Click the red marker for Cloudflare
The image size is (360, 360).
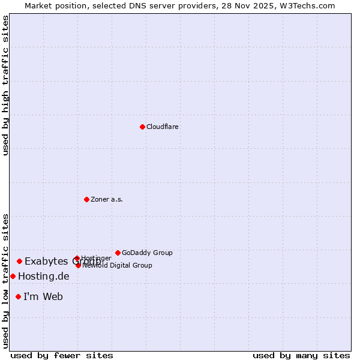click(142, 127)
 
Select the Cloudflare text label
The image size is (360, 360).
click(163, 127)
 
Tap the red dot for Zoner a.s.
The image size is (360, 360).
click(86, 199)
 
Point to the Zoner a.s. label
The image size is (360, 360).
click(107, 199)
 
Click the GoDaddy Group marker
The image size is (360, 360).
click(118, 253)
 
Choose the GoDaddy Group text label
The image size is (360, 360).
click(147, 253)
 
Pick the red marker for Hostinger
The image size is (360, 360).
click(77, 259)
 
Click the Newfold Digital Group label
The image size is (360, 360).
click(118, 265)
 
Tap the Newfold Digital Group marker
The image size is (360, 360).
click(78, 265)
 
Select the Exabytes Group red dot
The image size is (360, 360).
click(19, 261)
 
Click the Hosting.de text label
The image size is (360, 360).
click(44, 276)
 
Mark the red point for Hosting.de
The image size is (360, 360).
click(13, 276)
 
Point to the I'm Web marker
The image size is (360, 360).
click(18, 296)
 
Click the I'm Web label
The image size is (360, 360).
click(43, 296)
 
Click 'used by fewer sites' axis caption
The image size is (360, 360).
click(62, 355)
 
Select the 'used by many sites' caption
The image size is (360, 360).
click(301, 355)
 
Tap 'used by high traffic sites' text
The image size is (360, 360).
click(5, 85)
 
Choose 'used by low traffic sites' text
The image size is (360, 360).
click(5, 281)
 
